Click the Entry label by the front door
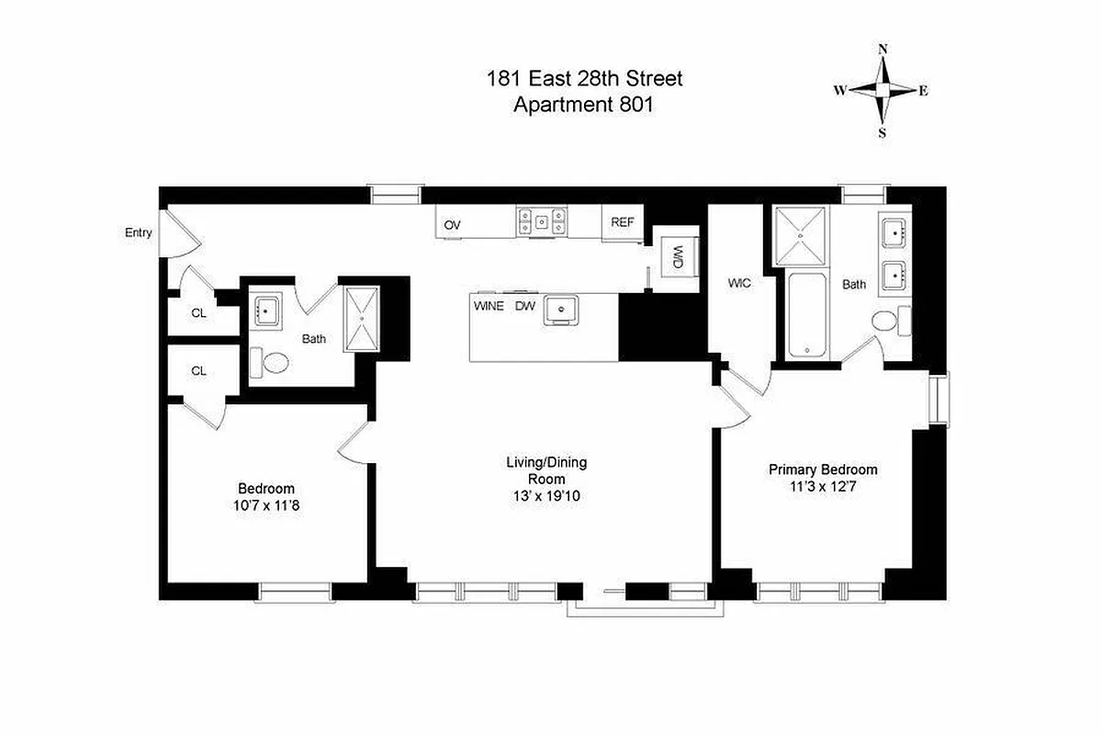[x=139, y=233]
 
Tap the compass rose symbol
[x=883, y=90]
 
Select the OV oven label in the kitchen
[x=452, y=225]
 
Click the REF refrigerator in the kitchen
[x=623, y=222]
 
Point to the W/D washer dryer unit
[x=678, y=256]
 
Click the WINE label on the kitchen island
[x=489, y=306]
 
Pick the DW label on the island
[x=524, y=306]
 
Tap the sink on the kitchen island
[x=559, y=311]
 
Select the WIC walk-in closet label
[x=739, y=284]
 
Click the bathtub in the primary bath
[x=808, y=315]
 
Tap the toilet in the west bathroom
[x=270, y=363]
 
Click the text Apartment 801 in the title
[x=584, y=104]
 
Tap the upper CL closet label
[x=199, y=313]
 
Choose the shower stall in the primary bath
[x=802, y=236]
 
